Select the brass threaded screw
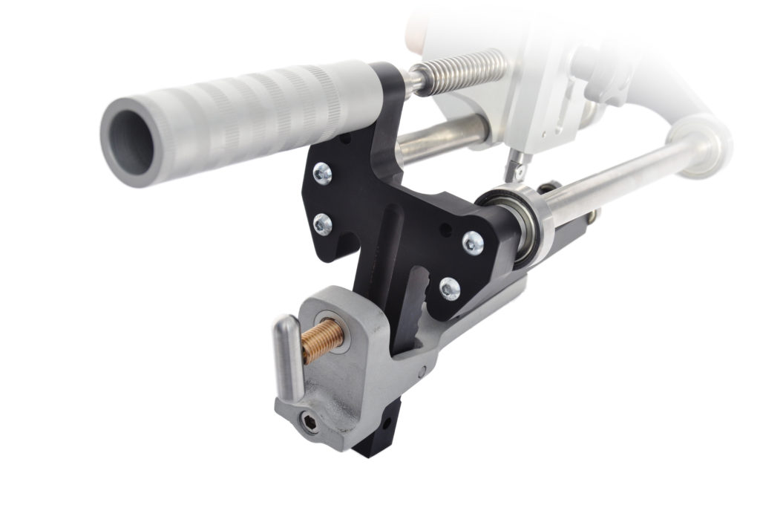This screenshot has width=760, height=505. (x=324, y=339)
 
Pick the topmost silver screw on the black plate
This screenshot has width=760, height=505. (x=322, y=174)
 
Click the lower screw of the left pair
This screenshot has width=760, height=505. (x=322, y=224)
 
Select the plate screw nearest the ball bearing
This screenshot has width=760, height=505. (x=472, y=242)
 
